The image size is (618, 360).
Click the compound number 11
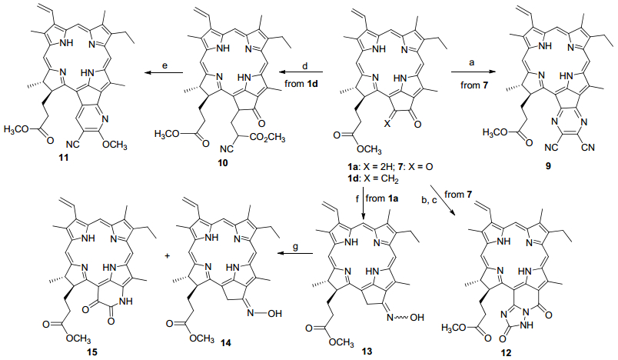[x=64, y=158]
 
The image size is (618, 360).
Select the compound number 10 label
[x=223, y=162]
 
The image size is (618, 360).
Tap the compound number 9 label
[x=548, y=166]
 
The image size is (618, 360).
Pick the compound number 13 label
[x=367, y=351]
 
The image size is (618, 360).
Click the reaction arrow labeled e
[x=164, y=72]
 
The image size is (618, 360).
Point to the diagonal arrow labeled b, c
[x=443, y=200]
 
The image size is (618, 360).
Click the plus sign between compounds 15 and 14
[x=167, y=256]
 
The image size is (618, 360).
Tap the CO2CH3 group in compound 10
[x=267, y=138]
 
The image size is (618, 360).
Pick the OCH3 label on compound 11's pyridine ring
[x=115, y=145]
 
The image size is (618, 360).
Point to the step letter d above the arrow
[x=304, y=66]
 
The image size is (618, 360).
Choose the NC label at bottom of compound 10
[x=225, y=149]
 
